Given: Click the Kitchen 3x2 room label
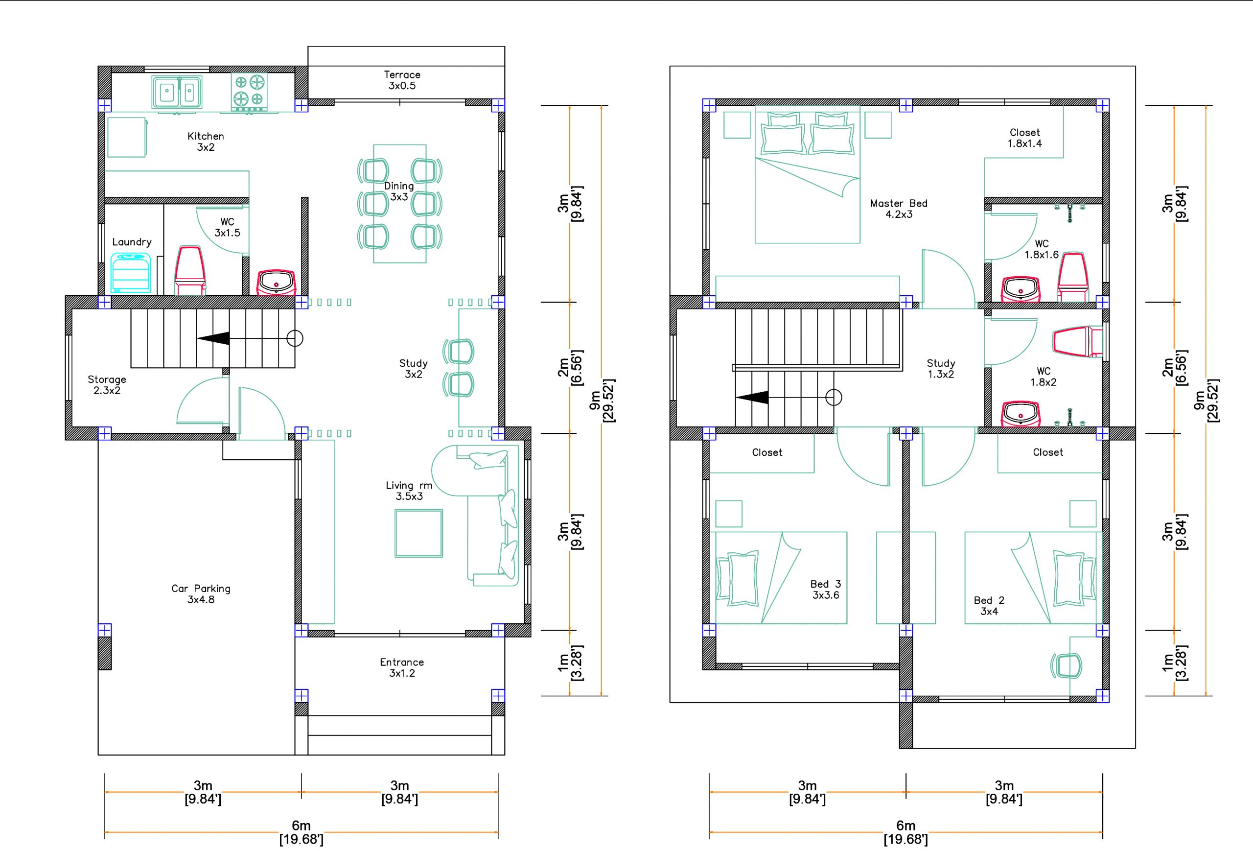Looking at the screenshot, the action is click(206, 142).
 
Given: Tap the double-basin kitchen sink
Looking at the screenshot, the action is click(177, 92).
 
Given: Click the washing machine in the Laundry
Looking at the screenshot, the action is click(131, 273).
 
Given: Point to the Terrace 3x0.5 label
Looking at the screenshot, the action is click(402, 80).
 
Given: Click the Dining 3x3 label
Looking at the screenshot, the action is click(399, 191).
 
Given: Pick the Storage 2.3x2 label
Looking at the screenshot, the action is click(107, 384).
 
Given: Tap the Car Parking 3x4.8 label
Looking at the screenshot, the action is click(201, 594).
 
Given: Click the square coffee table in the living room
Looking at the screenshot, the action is click(418, 533).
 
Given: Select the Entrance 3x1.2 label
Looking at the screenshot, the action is click(402, 667).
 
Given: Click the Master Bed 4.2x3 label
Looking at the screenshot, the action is click(899, 209).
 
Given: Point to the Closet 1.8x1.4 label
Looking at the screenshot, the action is click(1024, 138).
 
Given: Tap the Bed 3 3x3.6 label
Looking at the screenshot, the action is click(825, 590).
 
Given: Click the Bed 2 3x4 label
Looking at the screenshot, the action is click(989, 606).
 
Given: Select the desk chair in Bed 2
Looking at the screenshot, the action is click(1067, 665).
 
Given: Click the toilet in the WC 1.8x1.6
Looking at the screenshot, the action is click(1072, 277).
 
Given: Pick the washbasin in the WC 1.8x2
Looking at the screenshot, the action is click(1020, 414).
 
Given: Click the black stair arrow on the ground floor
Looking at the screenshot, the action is click(213, 339).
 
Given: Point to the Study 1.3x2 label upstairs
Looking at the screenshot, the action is click(941, 369).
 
